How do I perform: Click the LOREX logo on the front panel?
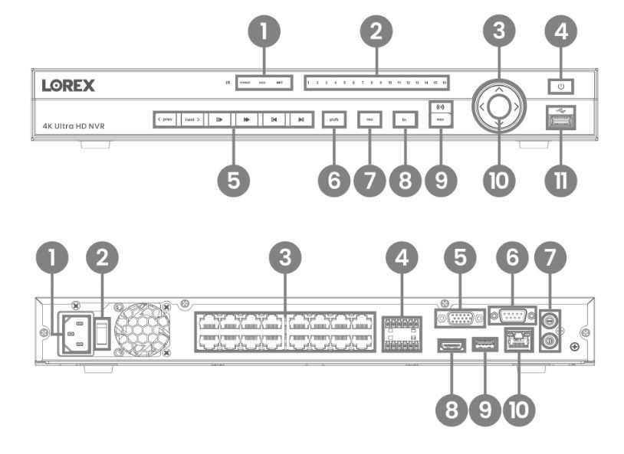click(69, 85)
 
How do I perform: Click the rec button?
click(369, 119)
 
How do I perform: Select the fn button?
click(404, 119)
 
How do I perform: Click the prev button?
click(165, 119)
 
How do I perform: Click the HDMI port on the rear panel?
click(449, 348)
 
